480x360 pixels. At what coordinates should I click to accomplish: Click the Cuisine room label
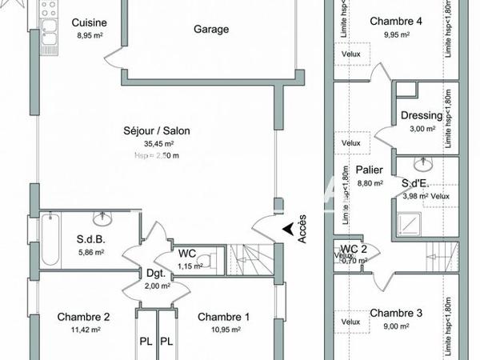coord(84,22)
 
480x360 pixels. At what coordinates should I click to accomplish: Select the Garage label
coord(211,30)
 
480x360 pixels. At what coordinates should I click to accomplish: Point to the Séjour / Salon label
coord(157,130)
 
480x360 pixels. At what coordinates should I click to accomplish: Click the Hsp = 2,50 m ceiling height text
coord(157,155)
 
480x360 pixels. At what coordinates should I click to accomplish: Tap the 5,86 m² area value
coord(90,252)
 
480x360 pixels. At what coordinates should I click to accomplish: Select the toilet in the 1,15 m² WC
coord(206,259)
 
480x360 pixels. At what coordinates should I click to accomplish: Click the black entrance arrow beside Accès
coord(286,230)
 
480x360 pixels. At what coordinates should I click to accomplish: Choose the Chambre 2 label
coord(83,317)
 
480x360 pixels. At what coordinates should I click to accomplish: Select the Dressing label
coord(421,116)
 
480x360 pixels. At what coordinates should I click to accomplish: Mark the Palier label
coord(369,170)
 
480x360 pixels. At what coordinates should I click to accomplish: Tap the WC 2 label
coord(354,249)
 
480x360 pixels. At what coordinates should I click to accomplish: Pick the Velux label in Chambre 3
coord(352,322)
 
